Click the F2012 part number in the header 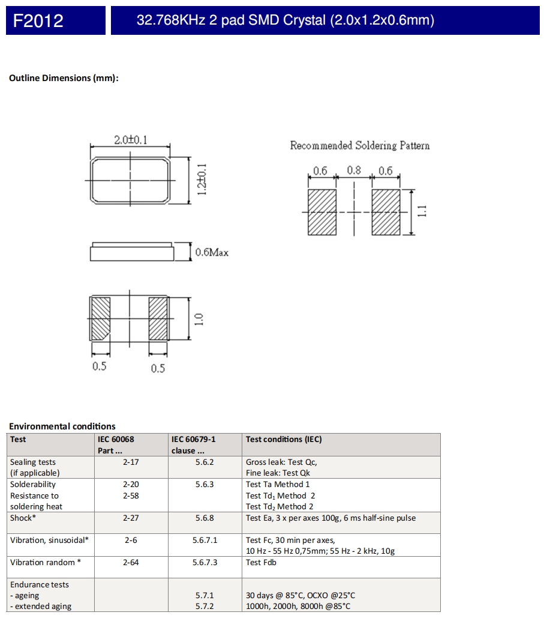pyautogui.click(x=38, y=21)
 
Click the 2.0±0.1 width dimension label pyautogui.click(x=131, y=141)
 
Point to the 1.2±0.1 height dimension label pyautogui.click(x=202, y=179)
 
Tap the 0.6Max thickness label pyautogui.click(x=212, y=253)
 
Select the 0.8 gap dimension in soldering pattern pyautogui.click(x=354, y=171)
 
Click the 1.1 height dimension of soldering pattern pyautogui.click(x=422, y=212)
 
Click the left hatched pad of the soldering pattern pyautogui.click(x=322, y=212)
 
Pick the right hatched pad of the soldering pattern pyautogui.click(x=386, y=212)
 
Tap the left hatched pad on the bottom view pyautogui.click(x=100, y=318)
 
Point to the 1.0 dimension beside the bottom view pyautogui.click(x=200, y=319)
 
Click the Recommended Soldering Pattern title pyautogui.click(x=360, y=145)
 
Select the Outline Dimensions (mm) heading pyautogui.click(x=64, y=78)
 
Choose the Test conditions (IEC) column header pyautogui.click(x=284, y=439)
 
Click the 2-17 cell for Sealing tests pyautogui.click(x=131, y=462)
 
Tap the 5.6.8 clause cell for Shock pyautogui.click(x=205, y=518)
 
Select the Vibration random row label pyautogui.click(x=46, y=562)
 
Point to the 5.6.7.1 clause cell pyautogui.click(x=205, y=540)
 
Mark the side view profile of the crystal pyautogui.click(x=132, y=252)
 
